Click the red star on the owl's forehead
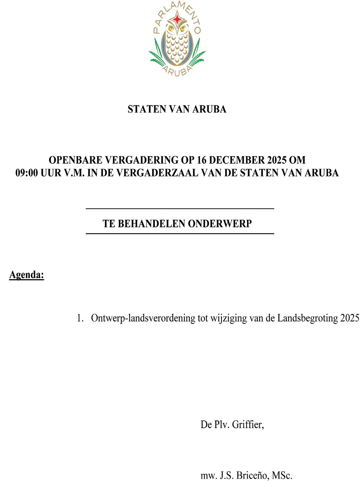pos(177,20)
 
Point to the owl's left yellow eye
pos(171,28)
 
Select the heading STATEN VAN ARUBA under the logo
pos(177,109)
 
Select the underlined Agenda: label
pos(27,275)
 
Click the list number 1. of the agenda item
pos(80,318)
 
